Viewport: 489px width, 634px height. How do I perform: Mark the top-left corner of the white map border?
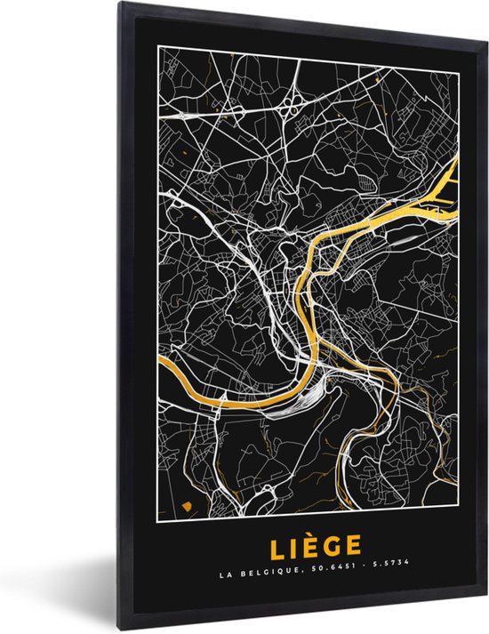pyautogui.click(x=158, y=45)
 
